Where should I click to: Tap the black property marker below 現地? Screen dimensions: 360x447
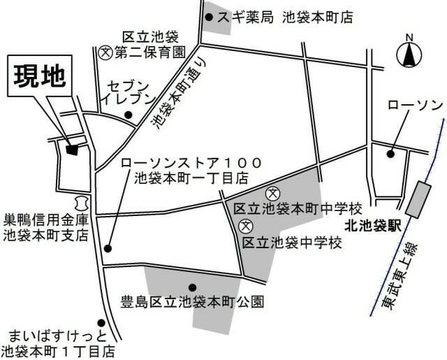pos(71,147)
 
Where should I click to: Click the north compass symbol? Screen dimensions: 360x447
pos(410,53)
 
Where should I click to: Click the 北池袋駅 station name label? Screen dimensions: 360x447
pos(369,226)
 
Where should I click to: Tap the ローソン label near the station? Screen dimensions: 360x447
pos(415,105)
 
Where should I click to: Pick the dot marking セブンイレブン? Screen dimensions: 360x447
pos(128,115)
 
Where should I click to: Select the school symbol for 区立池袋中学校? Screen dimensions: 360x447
pos(246,226)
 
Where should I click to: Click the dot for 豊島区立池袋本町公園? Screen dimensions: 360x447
pos(192,286)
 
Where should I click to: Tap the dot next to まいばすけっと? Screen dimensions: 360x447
pos(102,323)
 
